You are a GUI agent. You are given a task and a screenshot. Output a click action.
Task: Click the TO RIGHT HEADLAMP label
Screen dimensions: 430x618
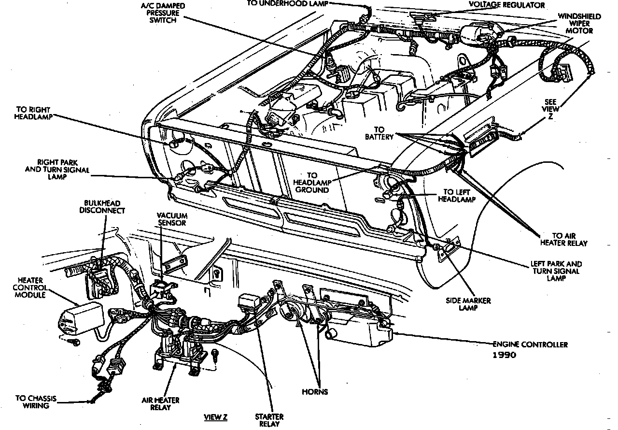pyautogui.click(x=33, y=113)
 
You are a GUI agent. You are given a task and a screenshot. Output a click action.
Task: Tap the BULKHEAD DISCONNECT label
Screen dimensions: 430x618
pyautogui.click(x=102, y=207)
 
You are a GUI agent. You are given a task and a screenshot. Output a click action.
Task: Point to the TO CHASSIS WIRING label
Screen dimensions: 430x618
pyautogui.click(x=36, y=402)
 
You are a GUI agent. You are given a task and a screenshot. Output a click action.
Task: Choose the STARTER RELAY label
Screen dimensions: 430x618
pyautogui.click(x=269, y=420)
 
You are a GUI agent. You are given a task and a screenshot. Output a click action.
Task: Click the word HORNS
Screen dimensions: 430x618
pyautogui.click(x=315, y=392)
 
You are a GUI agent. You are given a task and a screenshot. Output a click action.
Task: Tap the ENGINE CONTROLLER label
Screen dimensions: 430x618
pyautogui.click(x=530, y=344)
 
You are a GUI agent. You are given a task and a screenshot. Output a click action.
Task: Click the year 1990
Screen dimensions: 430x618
pyautogui.click(x=504, y=355)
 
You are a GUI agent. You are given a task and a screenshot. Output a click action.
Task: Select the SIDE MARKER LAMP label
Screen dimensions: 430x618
pyautogui.click(x=468, y=304)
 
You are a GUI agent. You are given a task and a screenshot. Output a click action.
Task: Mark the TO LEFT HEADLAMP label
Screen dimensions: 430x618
pyautogui.click(x=459, y=195)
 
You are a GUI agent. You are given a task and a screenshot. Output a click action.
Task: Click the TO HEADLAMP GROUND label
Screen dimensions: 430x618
pyautogui.click(x=311, y=183)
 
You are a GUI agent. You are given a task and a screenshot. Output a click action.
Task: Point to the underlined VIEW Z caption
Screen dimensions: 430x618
pyautogui.click(x=215, y=417)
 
